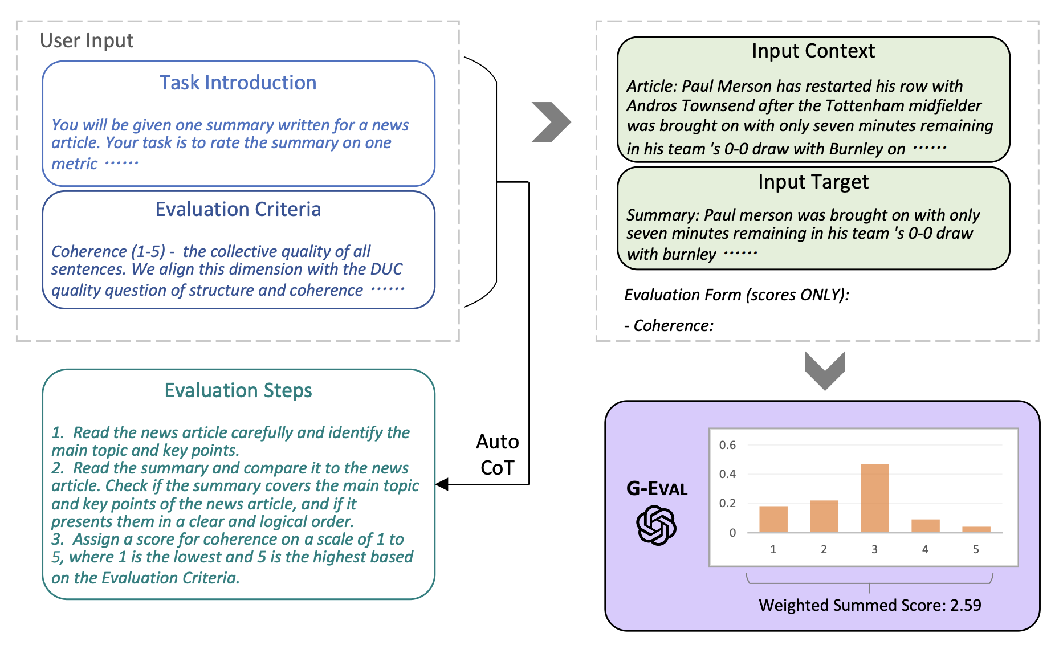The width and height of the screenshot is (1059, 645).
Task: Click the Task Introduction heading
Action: [x=238, y=83]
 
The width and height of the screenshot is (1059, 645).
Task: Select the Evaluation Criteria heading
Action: [x=238, y=210]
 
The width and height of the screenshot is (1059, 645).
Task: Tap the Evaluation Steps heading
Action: [x=238, y=391]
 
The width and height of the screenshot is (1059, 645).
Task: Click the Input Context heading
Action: [x=813, y=51]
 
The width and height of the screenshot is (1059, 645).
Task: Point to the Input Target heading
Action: [x=813, y=182]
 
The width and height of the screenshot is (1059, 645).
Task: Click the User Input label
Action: [x=87, y=41]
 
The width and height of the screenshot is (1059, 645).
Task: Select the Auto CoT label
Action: [x=498, y=455]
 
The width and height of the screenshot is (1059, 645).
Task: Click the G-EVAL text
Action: [x=657, y=489]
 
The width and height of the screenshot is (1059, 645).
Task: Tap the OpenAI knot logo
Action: [x=656, y=525]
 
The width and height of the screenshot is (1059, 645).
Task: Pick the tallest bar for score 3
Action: [x=874, y=499]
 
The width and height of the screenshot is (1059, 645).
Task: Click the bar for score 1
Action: [x=773, y=519]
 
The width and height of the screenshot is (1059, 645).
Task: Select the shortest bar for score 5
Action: [x=976, y=529]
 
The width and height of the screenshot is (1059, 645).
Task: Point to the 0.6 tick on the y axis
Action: [x=727, y=445]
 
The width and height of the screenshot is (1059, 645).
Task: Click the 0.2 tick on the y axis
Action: [x=727, y=503]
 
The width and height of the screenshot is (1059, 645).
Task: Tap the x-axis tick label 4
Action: [x=925, y=549]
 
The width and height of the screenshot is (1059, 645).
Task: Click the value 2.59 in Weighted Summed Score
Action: [x=966, y=605]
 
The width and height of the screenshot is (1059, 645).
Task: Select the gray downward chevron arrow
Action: [x=825, y=370]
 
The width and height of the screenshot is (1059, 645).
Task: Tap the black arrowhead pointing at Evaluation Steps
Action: [x=442, y=484]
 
